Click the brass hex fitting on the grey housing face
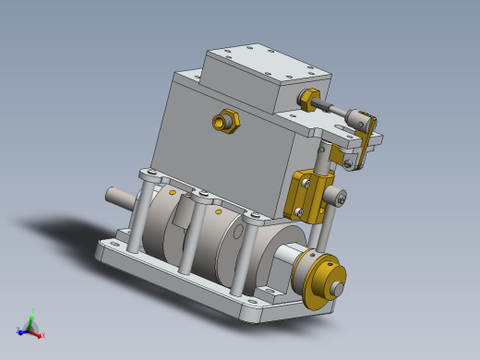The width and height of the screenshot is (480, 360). tap(224, 121)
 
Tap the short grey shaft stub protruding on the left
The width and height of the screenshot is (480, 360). tap(119, 198)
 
